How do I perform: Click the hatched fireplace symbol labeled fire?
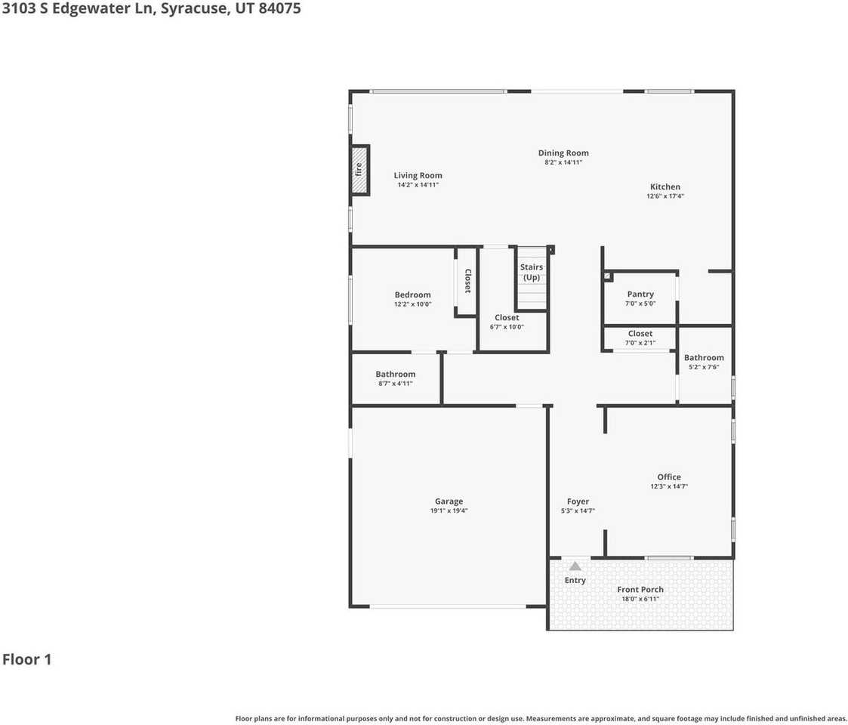[359, 170]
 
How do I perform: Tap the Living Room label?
[418, 175]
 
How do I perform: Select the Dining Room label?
[563, 153]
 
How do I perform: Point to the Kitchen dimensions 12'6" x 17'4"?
[665, 196]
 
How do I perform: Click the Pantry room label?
[640, 294]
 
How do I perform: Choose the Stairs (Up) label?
[532, 272]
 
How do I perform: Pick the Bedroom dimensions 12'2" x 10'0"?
[412, 304]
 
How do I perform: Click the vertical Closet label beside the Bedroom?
[467, 281]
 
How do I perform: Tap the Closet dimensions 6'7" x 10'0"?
[507, 327]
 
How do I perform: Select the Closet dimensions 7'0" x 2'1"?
[640, 343]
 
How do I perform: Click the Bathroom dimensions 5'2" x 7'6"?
[704, 367]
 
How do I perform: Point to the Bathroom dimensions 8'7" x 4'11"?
[396, 384]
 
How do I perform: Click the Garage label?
[449, 501]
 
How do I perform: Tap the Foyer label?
[578, 501]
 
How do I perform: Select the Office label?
[669, 477]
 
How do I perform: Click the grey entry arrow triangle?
[575, 566]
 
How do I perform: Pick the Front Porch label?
[640, 589]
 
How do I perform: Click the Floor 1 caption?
[26, 659]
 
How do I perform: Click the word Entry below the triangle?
[575, 580]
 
